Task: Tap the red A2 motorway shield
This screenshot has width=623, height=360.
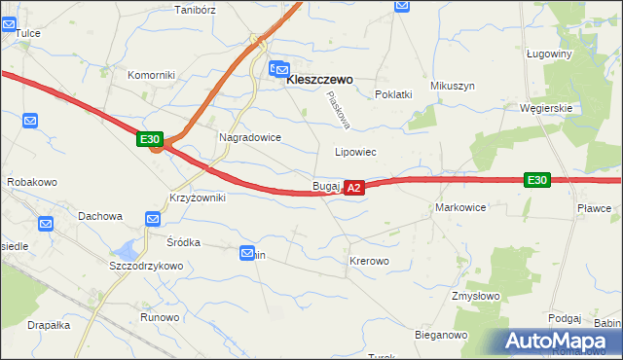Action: pos(354,186)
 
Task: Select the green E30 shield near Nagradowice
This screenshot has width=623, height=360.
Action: pos(149,140)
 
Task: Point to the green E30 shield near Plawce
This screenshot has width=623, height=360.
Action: pos(536,180)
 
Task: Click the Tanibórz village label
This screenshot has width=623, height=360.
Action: pos(193,11)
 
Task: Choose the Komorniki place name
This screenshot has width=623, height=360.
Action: pos(150,75)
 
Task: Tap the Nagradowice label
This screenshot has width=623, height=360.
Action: pos(249,138)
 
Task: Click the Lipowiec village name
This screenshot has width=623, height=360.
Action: pos(355,153)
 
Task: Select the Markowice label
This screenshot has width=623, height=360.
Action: pos(460,208)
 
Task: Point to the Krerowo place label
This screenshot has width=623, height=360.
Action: pos(369,262)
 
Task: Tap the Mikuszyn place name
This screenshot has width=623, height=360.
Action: pos(453,86)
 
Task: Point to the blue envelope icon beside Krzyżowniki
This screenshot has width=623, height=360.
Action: pos(152,219)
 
